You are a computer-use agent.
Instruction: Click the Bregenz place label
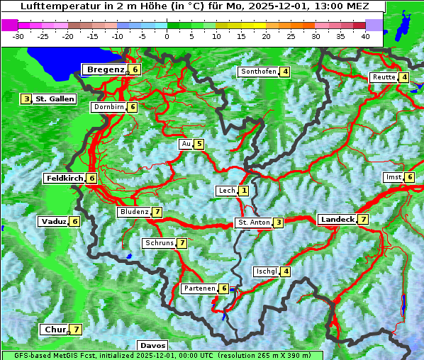(106, 69)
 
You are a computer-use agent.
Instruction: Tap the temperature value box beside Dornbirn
(132, 107)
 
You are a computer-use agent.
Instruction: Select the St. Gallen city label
(55, 99)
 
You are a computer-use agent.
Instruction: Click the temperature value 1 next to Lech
(244, 191)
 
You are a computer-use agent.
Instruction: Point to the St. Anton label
(254, 223)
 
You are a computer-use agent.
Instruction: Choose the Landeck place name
(337, 220)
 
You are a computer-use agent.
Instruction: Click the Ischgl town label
(266, 271)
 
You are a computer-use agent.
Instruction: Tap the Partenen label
(199, 288)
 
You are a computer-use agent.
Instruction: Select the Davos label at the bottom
(152, 345)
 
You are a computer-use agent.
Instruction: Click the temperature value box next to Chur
(76, 330)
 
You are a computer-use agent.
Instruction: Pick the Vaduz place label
(54, 222)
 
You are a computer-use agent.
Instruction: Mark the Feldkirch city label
(65, 179)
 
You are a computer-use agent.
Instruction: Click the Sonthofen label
(258, 72)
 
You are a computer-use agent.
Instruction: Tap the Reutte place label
(384, 77)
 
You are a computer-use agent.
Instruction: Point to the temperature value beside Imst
(410, 176)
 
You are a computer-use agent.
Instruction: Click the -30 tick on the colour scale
(18, 35)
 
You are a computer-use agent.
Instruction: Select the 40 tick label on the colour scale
(365, 35)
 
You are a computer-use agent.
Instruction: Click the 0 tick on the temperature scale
(167, 35)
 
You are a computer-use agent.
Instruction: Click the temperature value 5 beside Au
(199, 145)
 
